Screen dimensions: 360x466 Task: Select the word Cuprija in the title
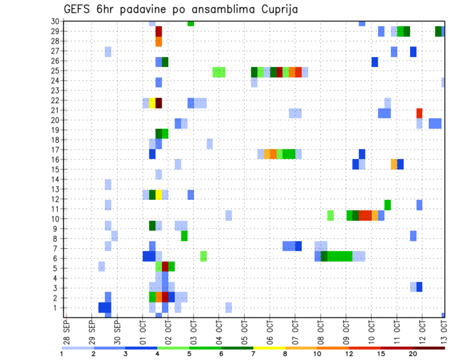tap(279, 10)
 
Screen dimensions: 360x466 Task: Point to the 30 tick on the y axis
tap(56, 21)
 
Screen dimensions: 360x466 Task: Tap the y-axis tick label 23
tap(56, 90)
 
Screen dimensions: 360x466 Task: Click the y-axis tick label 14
tap(56, 179)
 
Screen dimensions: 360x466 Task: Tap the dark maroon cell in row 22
tap(159, 103)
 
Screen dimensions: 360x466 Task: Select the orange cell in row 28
tap(159, 42)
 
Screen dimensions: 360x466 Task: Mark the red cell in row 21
tap(419, 113)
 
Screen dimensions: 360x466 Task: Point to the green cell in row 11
tap(387, 205)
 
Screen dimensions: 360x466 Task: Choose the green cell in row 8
tap(184, 236)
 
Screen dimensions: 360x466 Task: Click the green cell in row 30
tap(191, 23)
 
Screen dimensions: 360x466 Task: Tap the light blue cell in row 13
tap(108, 184)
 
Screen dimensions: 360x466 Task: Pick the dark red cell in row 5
tap(165, 266)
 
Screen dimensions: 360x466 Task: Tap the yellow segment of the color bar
tap(269, 348)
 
